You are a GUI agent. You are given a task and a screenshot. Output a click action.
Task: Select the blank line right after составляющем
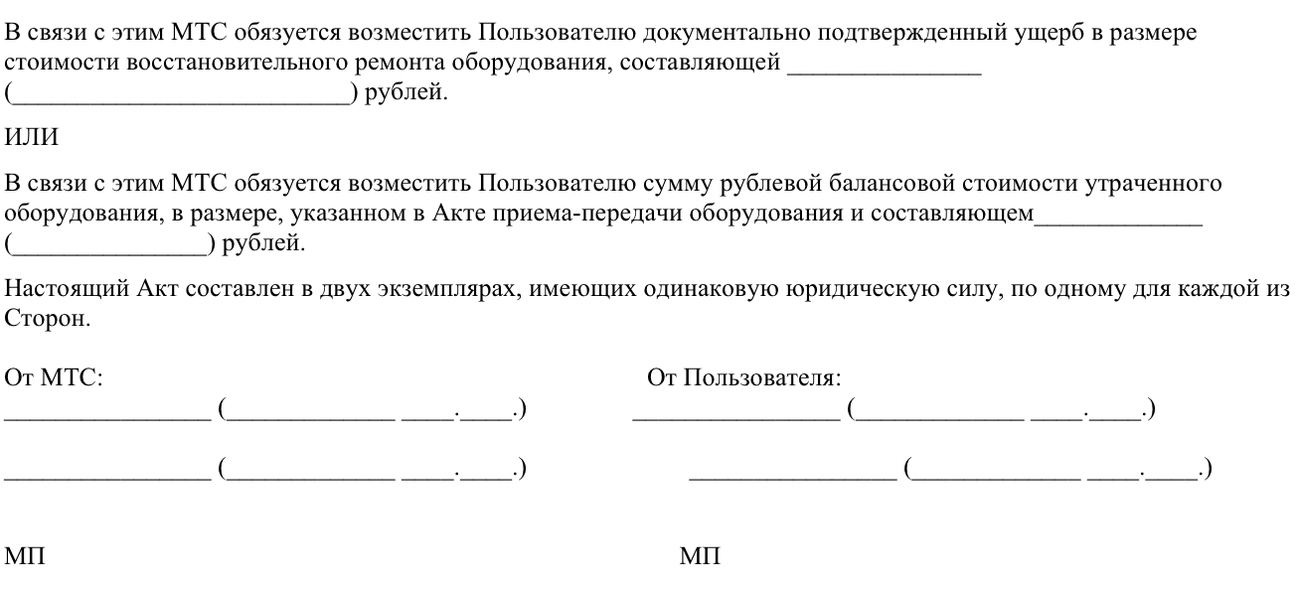1118,220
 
